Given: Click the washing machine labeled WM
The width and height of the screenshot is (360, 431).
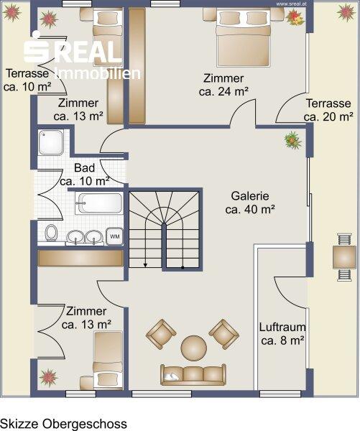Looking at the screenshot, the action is [x=114, y=236].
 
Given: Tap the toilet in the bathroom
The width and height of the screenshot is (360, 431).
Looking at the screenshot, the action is [x=51, y=233].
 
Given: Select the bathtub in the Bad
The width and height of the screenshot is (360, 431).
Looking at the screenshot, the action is [x=99, y=203].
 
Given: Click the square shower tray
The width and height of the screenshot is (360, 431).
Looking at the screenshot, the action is [x=51, y=142].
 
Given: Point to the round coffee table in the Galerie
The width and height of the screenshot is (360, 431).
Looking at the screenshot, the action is [x=193, y=348].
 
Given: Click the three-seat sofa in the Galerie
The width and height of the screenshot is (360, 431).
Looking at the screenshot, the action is [x=193, y=375].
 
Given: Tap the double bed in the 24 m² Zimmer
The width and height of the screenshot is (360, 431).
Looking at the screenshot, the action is [x=243, y=37].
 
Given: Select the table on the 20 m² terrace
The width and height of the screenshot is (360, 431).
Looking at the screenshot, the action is [x=344, y=257].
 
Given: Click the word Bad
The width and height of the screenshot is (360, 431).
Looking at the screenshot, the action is [x=84, y=168].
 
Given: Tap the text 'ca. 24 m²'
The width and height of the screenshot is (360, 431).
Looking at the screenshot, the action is [x=223, y=91].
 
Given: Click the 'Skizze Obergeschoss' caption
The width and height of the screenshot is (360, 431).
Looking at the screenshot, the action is [x=63, y=424].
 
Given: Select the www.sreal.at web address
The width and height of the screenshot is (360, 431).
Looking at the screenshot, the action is [x=291, y=4].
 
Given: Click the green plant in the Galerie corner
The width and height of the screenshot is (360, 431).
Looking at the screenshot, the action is [x=293, y=141].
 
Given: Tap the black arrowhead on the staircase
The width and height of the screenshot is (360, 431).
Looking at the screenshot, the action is [x=145, y=265].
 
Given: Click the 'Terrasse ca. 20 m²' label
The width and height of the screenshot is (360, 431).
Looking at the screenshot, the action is [x=328, y=110].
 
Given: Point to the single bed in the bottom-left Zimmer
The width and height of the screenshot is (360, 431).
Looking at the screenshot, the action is [x=108, y=361].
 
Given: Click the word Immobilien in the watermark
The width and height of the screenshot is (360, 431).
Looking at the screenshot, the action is [x=98, y=74].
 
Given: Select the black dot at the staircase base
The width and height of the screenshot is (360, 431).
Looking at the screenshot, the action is [x=183, y=267].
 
